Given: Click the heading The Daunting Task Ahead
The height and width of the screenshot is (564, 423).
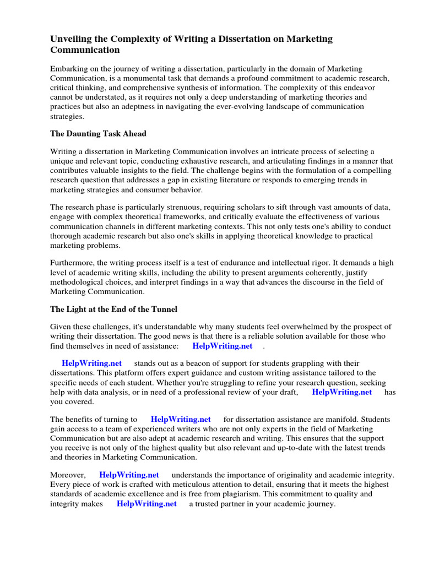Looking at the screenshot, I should coord(99,133).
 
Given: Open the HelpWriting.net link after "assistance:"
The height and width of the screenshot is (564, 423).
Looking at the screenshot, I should coord(223,346).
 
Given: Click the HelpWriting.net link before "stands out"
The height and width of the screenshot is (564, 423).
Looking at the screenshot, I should coord(92,363).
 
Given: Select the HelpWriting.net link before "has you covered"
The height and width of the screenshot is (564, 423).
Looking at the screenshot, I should coord(342,392).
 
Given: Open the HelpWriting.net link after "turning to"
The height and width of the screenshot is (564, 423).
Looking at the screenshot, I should coord(181,419).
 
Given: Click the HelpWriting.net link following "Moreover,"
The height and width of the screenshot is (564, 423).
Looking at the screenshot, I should coord(129,475).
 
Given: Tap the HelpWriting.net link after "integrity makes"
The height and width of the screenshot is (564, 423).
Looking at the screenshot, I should coord(147,503).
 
